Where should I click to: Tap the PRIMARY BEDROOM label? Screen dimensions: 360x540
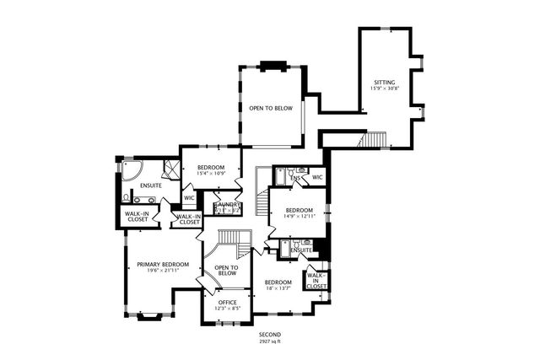point(163,264)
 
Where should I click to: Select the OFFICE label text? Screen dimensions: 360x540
point(228,302)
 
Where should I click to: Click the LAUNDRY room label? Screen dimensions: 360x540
point(228,204)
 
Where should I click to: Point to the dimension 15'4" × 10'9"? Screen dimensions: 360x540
point(210,174)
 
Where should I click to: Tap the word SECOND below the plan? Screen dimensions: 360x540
point(270,334)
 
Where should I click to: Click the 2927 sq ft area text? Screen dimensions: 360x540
point(270,341)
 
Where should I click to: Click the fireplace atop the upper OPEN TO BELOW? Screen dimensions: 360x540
point(272,66)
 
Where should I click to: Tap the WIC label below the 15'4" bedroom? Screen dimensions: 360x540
point(189,198)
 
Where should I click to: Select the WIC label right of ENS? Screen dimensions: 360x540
point(317,178)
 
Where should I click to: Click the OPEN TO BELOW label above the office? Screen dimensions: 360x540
point(226,271)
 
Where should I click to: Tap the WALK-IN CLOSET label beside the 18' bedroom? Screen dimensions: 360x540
point(316,281)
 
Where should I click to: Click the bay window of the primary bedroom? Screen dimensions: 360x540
point(150,317)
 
